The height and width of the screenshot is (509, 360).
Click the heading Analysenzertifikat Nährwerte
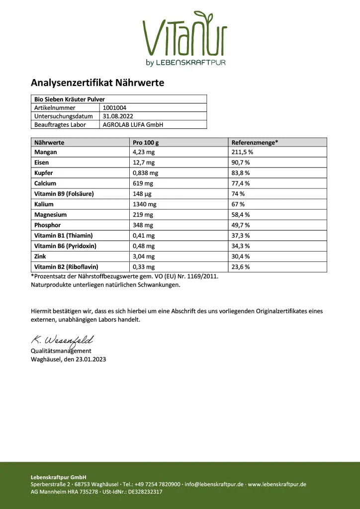click(x=97, y=83)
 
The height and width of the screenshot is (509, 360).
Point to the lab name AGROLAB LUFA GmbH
click(x=133, y=125)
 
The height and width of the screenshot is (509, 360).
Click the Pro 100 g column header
click(x=147, y=142)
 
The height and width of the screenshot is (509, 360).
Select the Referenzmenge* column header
click(x=255, y=142)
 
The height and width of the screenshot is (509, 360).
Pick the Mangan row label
click(x=46, y=152)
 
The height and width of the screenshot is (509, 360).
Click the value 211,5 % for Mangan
click(x=243, y=152)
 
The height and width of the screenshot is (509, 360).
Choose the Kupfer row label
click(x=44, y=173)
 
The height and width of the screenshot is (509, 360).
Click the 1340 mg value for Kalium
click(x=145, y=204)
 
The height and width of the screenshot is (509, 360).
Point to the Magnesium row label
click(x=50, y=215)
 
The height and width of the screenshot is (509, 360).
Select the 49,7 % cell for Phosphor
click(x=241, y=225)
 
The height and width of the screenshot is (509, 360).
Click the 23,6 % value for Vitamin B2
click(x=241, y=267)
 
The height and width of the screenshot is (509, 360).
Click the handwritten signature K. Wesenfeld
click(x=62, y=340)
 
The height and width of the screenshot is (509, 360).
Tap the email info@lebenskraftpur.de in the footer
click(x=213, y=484)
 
